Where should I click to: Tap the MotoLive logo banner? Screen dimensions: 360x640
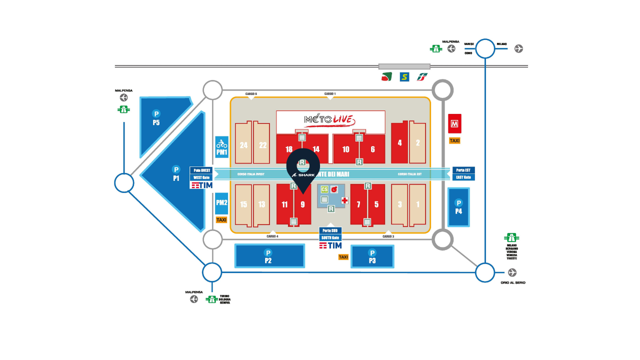(x=330, y=120)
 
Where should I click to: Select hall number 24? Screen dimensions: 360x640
(x=243, y=145)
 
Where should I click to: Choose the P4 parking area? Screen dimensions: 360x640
(x=458, y=207)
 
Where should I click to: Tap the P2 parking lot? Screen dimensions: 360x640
(x=269, y=256)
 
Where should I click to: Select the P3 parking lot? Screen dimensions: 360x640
(x=372, y=256)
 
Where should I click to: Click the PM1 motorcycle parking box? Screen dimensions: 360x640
(x=221, y=147)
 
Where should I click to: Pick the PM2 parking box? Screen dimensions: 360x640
(x=221, y=203)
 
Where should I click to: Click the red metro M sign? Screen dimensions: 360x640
(x=454, y=123)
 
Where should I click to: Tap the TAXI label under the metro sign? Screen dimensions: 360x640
(x=454, y=141)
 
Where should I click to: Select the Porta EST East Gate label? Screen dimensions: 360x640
(x=463, y=173)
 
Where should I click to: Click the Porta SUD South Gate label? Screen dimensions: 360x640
(x=330, y=234)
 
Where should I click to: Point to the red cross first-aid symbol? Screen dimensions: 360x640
(x=344, y=200)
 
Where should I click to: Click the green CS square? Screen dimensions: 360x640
(x=324, y=189)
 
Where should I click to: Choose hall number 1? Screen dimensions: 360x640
(x=418, y=204)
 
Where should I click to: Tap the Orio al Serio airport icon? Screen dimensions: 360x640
(x=512, y=272)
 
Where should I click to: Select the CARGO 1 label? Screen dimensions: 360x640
(x=330, y=94)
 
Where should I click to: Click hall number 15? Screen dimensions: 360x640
(x=243, y=204)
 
